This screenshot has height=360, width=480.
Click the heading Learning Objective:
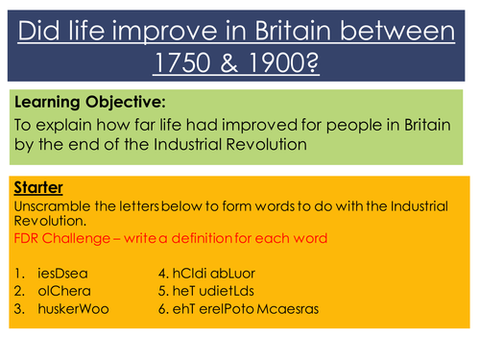[82, 100]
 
